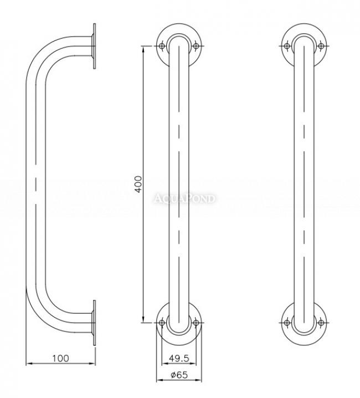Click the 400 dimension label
click(x=138, y=184)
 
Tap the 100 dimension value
click(x=60, y=359)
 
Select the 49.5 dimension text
click(x=179, y=359)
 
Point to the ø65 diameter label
click(x=179, y=375)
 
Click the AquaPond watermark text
click(x=184, y=198)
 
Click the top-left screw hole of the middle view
click(x=162, y=46)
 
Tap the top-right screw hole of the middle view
click(x=196, y=46)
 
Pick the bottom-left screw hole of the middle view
click(x=162, y=323)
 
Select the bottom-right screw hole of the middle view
click(x=196, y=323)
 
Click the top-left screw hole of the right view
click(x=287, y=46)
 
